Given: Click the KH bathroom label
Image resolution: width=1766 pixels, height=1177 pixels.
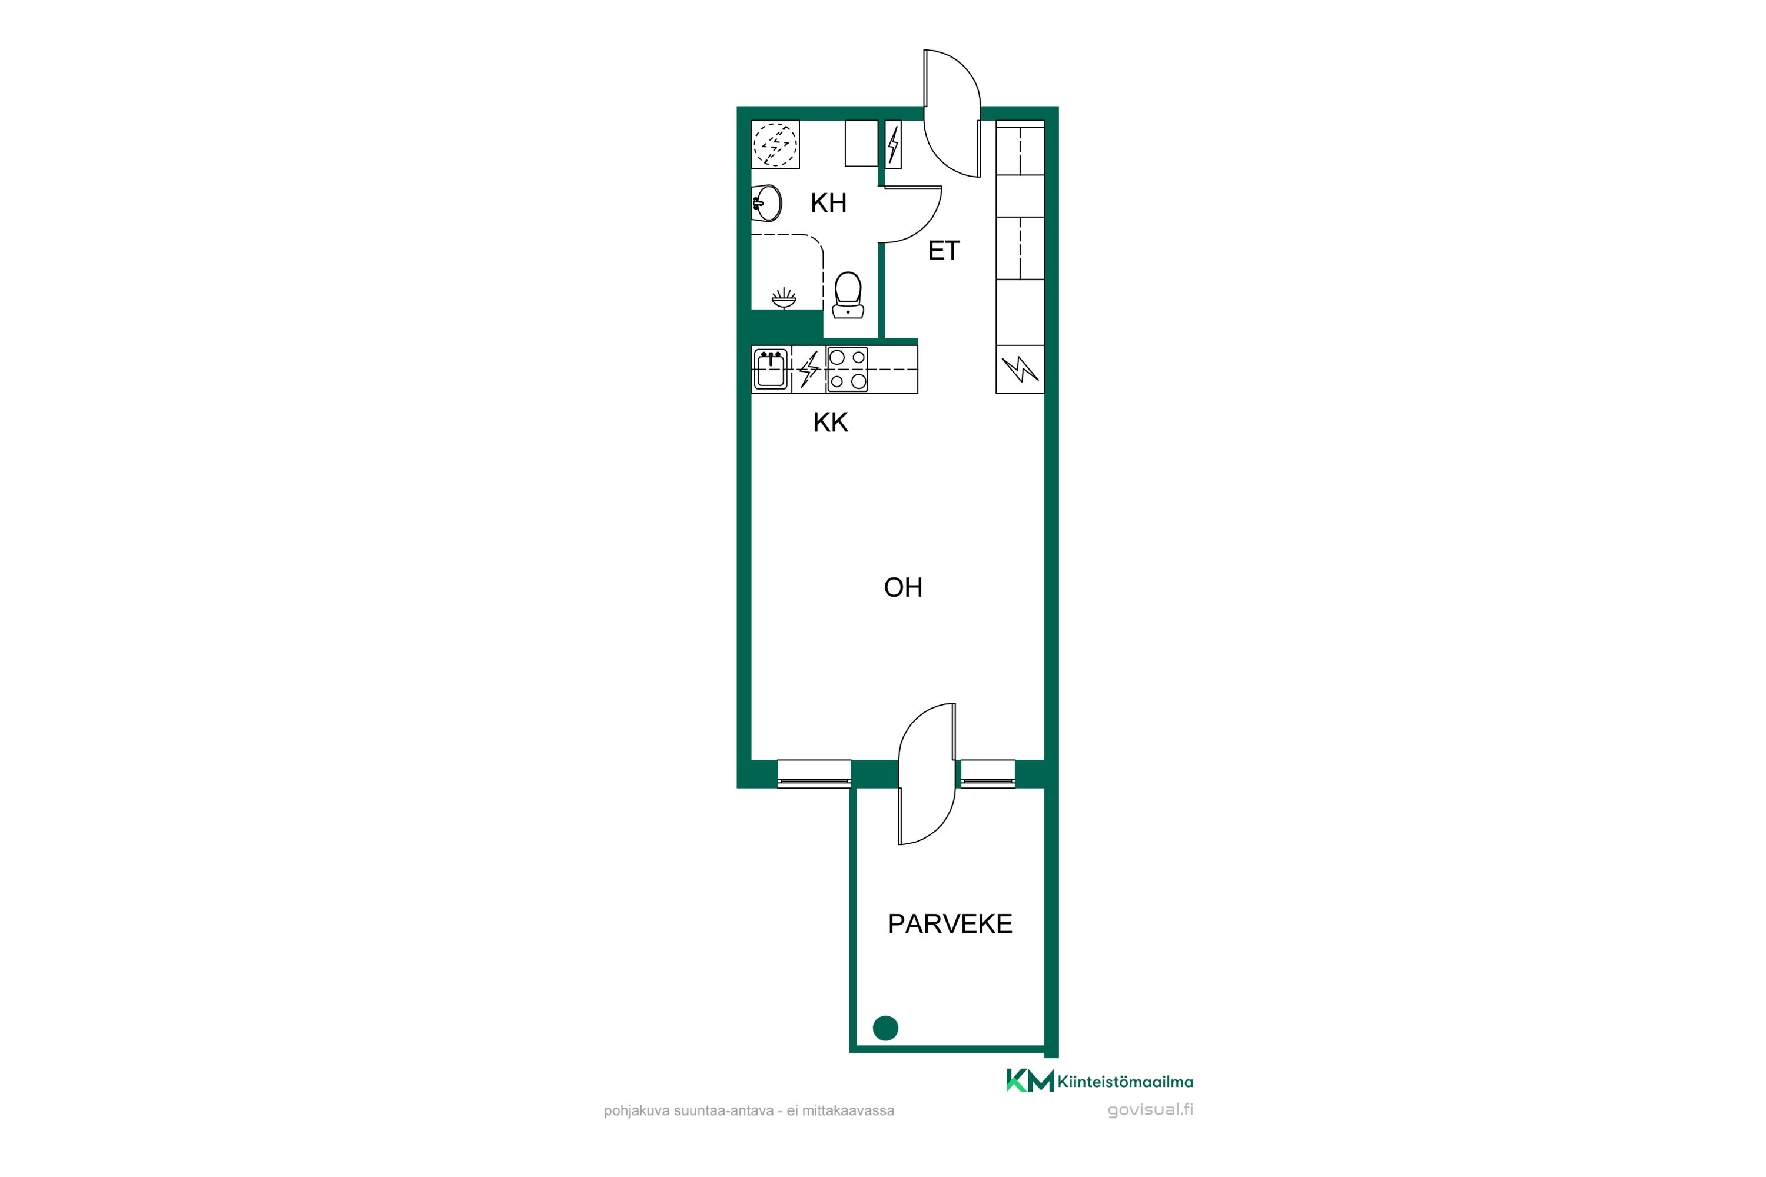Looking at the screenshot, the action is (x=828, y=202).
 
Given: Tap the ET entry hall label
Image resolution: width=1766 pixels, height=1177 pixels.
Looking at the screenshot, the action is (x=944, y=251).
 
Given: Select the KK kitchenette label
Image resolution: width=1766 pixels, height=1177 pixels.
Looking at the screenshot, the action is (x=831, y=423).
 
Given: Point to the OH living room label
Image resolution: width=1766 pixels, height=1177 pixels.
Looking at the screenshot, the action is (x=902, y=588).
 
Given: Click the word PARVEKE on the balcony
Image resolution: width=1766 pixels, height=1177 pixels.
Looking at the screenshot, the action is (x=950, y=924).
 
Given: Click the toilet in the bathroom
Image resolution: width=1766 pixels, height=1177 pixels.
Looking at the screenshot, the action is (x=848, y=295).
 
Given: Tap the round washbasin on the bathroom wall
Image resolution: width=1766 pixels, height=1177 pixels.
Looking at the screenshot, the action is (x=766, y=202).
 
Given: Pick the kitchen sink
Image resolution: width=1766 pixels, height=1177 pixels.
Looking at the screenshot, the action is (x=771, y=370).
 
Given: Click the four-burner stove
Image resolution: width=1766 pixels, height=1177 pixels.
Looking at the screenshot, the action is (x=847, y=370).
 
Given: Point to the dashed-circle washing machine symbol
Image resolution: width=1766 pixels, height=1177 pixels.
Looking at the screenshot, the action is (x=775, y=144).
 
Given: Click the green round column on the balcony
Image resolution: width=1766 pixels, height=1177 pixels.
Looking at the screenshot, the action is (x=886, y=1028).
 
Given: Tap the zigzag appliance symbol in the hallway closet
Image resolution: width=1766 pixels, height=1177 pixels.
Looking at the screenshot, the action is (x=1020, y=370).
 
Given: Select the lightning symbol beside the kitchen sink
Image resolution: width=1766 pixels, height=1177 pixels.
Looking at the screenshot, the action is (x=809, y=370).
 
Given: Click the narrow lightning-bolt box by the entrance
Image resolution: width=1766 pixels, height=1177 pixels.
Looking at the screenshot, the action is (x=893, y=144).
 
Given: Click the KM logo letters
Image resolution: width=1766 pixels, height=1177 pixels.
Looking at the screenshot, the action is (x=1030, y=1081).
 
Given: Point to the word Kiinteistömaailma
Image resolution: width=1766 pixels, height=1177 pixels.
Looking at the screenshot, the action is (x=1126, y=1082).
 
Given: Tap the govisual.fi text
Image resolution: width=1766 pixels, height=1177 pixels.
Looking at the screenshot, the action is (x=1150, y=1110).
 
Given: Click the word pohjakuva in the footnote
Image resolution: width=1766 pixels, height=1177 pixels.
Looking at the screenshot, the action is (x=637, y=1111).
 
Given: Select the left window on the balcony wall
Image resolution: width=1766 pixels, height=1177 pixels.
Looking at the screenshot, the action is (x=814, y=774).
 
